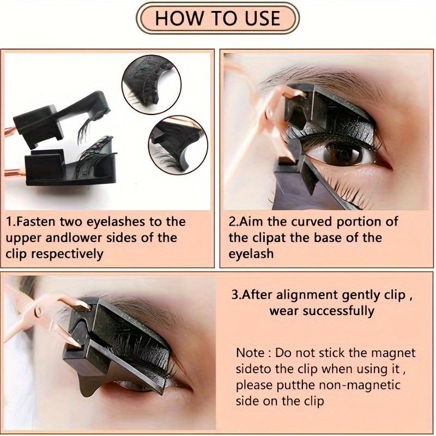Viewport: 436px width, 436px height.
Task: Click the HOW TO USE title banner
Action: pyautogui.click(x=217, y=18)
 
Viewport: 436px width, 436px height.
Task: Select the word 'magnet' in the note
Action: pyautogui.click(x=393, y=353)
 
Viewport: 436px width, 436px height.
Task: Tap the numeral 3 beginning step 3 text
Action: pyautogui.click(x=235, y=295)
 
